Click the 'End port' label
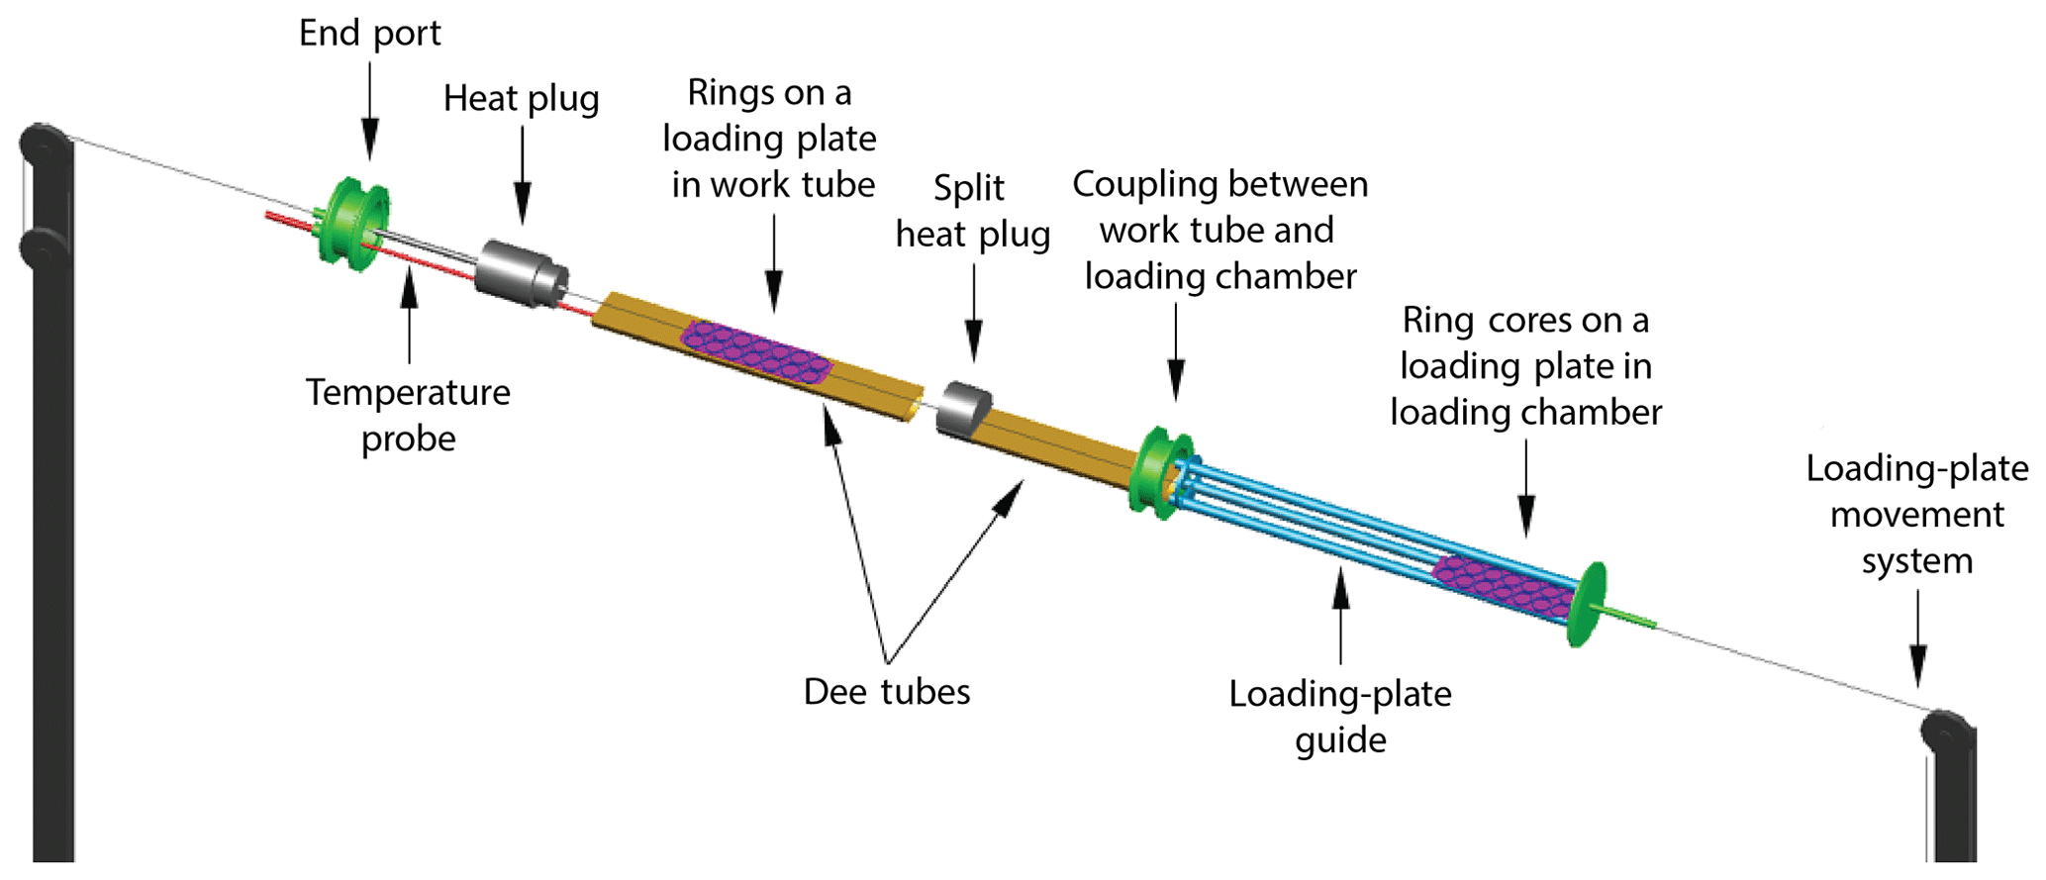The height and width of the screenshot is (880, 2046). pyautogui.click(x=369, y=34)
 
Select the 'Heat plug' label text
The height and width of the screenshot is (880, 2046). pyautogui.click(x=521, y=99)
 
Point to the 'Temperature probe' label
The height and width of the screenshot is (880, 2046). pyautogui.click(x=408, y=415)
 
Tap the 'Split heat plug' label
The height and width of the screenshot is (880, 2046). pyautogui.click(x=972, y=211)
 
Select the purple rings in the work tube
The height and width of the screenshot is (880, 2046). pyautogui.click(x=757, y=352)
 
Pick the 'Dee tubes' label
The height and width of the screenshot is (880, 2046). pyautogui.click(x=886, y=691)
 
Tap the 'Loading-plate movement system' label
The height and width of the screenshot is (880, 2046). pyautogui.click(x=1916, y=515)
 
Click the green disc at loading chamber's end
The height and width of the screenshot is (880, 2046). pyautogui.click(x=1587, y=604)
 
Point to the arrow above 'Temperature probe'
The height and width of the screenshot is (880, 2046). pyautogui.click(x=409, y=317)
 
